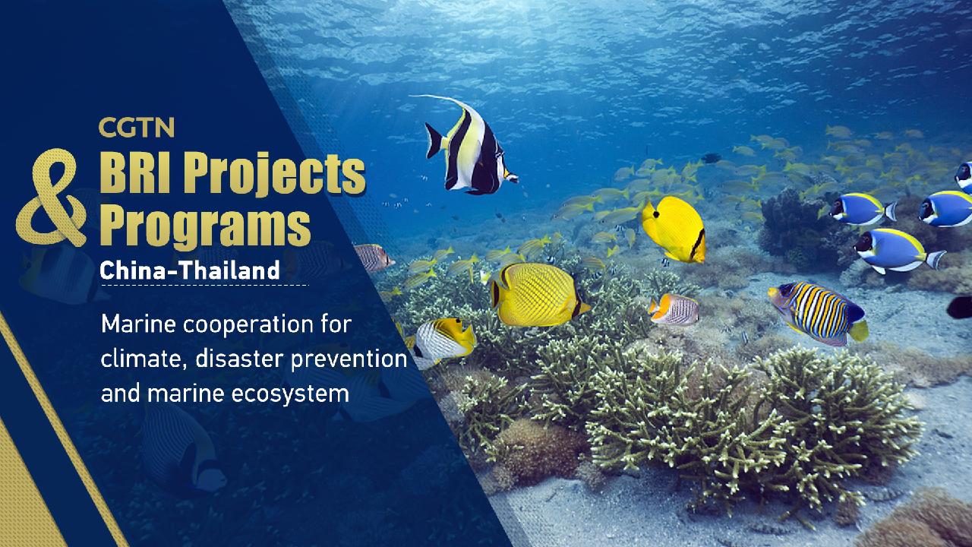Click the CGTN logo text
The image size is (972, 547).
(x=136, y=128)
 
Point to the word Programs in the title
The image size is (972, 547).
(x=206, y=226)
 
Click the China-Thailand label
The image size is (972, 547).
(x=190, y=269)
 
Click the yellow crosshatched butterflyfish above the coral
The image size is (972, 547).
(x=538, y=294)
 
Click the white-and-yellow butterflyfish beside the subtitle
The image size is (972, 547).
(x=443, y=339)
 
